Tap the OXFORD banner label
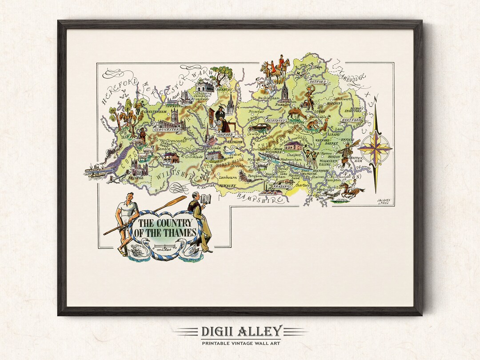click(x=225, y=134)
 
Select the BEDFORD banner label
click(x=318, y=82)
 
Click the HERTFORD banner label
click(x=351, y=120)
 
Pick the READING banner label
click(x=280, y=187)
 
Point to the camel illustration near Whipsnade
click(x=297, y=114)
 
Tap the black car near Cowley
click(x=256, y=127)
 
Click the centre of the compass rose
click(x=375, y=148)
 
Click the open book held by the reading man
click(x=205, y=200)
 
